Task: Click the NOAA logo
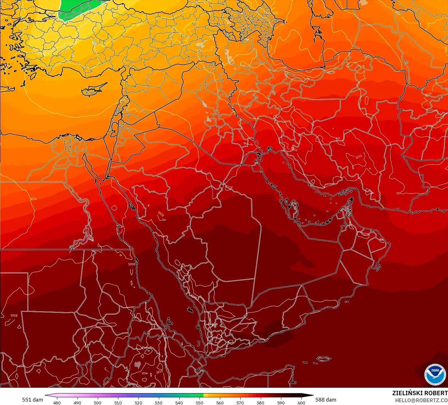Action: [435, 374]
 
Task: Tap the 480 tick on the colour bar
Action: [57, 402]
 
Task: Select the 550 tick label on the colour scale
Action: [199, 402]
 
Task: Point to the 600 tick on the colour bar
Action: [301, 402]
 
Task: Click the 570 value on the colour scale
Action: [240, 402]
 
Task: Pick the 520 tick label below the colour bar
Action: [138, 402]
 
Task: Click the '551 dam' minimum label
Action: [32, 400]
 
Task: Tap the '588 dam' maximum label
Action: [326, 400]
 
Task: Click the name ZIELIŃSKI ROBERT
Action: [420, 393]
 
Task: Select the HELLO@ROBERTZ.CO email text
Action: [421, 400]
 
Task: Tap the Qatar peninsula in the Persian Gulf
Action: [294, 209]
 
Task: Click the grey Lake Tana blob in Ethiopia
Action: [137, 365]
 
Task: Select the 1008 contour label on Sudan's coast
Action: [132, 264]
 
